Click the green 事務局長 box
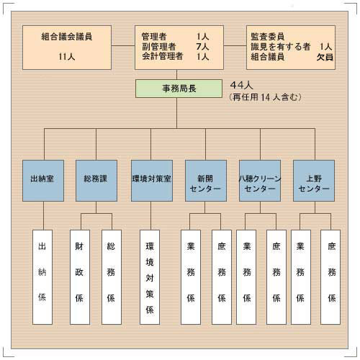coord(179,89)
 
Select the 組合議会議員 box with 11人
coord(67,48)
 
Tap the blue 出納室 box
coord(43,181)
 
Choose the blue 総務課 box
coord(96,181)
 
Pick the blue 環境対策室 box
coord(152,181)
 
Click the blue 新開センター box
coord(206,181)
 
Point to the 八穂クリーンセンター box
coord(260,181)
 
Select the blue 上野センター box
coord(314,181)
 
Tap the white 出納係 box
coord(42,277)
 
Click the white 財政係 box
coord(80,277)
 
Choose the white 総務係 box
coord(112,277)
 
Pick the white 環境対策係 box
coord(150,277)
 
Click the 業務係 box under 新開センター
coord(191,277)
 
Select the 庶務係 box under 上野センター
coord(330,277)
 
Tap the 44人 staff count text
coord(241,85)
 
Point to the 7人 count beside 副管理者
coord(202,46)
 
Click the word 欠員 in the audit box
coord(325,57)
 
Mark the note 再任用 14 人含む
coord(265,97)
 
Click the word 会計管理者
coord(163,56)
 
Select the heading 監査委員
coord(268,37)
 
